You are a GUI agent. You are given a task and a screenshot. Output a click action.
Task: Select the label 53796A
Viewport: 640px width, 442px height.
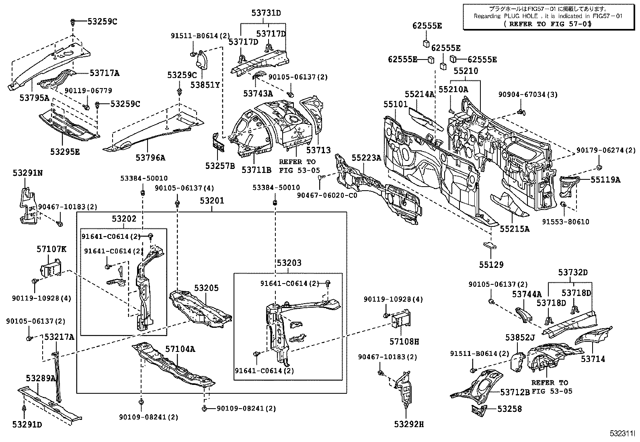click(150, 158)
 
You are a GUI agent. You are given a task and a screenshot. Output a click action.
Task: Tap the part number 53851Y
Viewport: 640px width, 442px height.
click(205, 85)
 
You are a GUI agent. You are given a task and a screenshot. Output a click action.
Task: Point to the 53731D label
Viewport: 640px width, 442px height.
click(266, 13)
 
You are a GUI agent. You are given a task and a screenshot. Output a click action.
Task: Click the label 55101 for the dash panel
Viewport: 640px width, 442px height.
click(395, 105)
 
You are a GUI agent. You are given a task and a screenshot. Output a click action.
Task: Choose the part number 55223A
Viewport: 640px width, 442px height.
click(366, 158)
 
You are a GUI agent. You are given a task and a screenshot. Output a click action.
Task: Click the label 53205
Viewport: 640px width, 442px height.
click(207, 288)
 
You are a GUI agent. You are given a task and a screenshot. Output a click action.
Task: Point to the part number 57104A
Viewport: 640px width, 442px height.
click(180, 349)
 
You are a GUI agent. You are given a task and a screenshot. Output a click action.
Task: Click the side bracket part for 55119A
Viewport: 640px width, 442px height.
click(569, 186)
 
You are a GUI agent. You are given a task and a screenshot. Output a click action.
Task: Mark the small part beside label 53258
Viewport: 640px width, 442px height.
click(479, 411)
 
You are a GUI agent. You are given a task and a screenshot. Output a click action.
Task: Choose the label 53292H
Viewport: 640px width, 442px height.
click(409, 423)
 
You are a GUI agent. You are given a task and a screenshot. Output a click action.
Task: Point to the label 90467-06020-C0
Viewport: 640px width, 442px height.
click(327, 195)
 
